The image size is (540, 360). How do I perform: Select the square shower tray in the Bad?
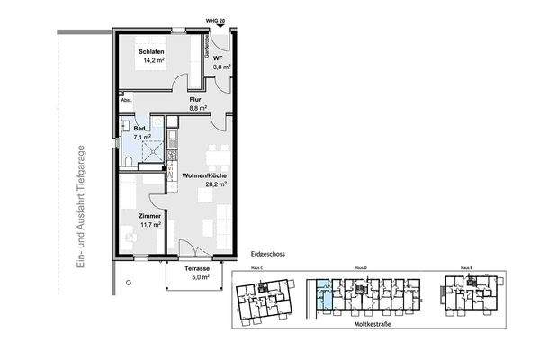click(157, 150)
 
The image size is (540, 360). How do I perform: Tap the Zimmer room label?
click(150, 216)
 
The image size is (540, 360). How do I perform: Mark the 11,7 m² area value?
click(150, 225)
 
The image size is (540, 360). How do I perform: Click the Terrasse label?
click(197, 269)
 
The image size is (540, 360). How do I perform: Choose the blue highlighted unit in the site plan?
click(323, 298)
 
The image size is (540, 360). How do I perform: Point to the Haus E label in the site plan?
click(465, 268)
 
